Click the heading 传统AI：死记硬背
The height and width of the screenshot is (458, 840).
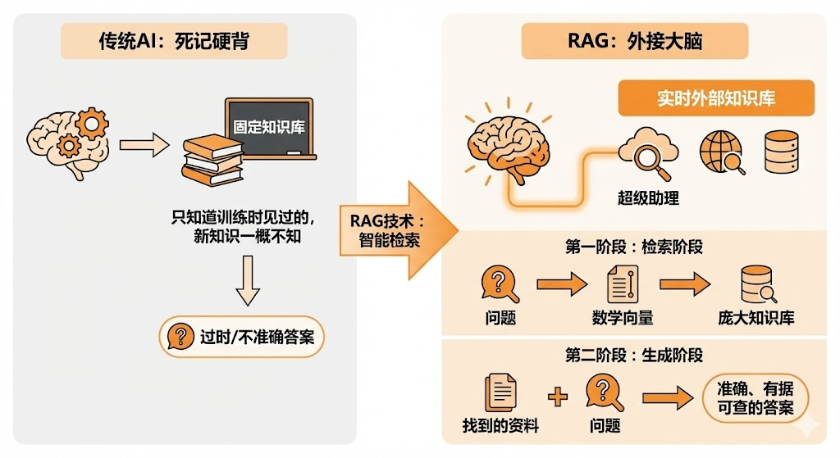(174, 41)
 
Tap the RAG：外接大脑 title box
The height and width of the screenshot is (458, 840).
(635, 41)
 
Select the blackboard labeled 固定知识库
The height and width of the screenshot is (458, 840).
(269, 128)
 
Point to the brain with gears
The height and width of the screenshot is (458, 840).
(68, 143)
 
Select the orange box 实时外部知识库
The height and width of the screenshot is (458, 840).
(715, 99)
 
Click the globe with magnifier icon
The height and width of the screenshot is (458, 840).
(721, 153)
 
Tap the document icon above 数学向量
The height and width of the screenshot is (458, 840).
(622, 284)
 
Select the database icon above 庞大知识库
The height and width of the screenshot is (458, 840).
(756, 284)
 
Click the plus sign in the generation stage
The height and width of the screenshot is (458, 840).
(557, 397)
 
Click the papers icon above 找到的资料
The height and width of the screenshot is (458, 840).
(500, 392)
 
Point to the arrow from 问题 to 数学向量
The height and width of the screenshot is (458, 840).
(562, 284)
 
